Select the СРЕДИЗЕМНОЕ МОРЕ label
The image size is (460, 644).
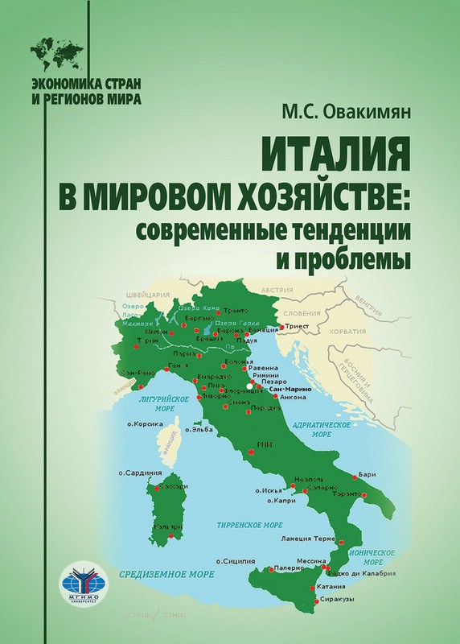(165, 576)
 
